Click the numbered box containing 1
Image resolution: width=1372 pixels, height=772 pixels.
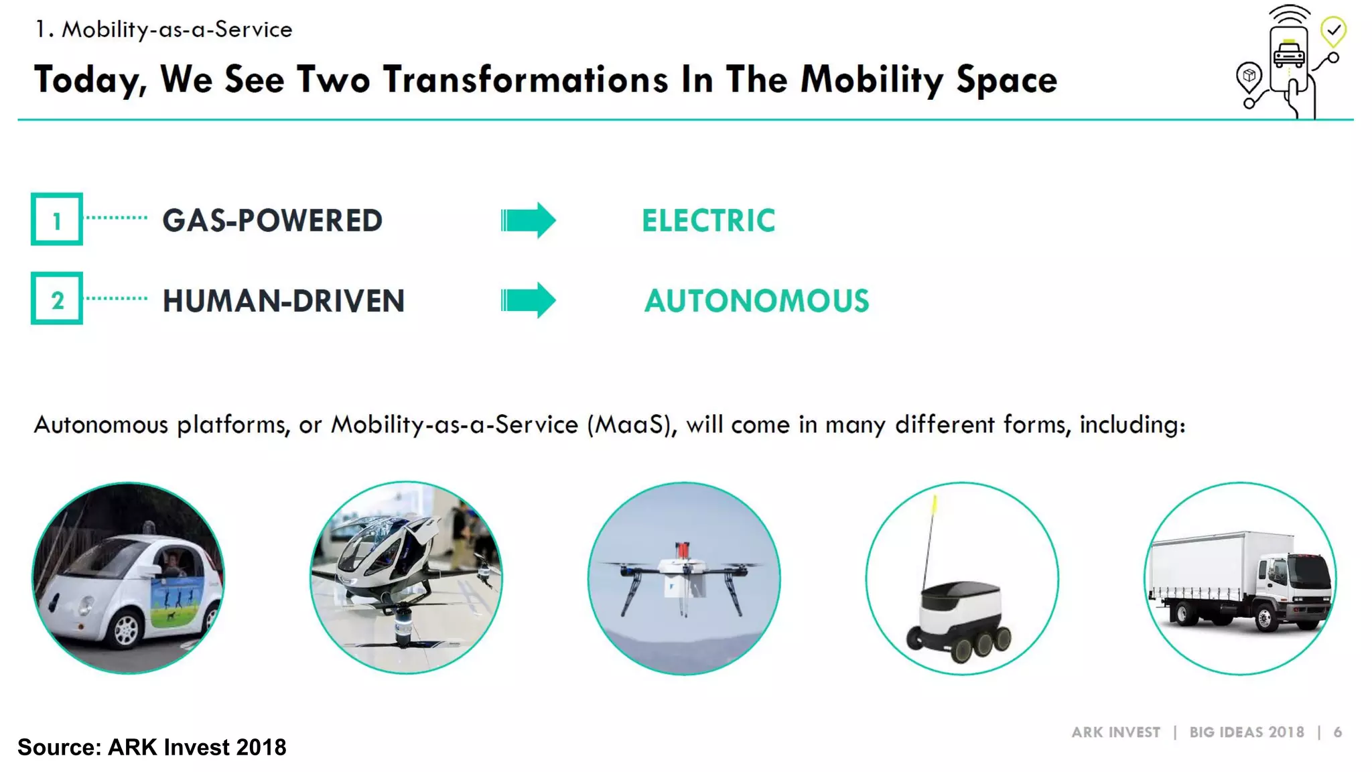(x=57, y=219)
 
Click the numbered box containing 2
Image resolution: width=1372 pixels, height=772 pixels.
(x=57, y=299)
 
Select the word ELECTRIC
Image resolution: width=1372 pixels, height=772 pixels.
(x=708, y=220)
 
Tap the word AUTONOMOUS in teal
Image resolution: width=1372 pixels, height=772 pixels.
(x=756, y=301)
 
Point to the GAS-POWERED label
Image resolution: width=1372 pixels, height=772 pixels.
(x=272, y=220)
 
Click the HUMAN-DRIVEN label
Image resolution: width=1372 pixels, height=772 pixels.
(x=283, y=301)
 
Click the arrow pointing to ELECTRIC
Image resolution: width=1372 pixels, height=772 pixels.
(x=528, y=220)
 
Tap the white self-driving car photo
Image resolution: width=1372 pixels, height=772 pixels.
(x=129, y=578)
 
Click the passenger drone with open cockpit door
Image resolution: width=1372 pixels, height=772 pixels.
(x=406, y=578)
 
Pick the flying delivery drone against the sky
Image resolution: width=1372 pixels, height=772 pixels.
(x=684, y=578)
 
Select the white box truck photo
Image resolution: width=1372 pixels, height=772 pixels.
(x=1240, y=578)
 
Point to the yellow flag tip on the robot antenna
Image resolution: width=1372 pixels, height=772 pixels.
(x=934, y=503)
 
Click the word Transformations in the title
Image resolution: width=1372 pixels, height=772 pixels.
(x=526, y=80)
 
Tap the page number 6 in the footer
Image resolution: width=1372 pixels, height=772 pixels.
(x=1337, y=732)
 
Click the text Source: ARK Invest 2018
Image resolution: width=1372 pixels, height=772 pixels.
(x=151, y=747)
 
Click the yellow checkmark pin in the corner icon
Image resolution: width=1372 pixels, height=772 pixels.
(x=1333, y=31)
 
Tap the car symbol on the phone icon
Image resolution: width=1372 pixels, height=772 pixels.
(x=1289, y=54)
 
